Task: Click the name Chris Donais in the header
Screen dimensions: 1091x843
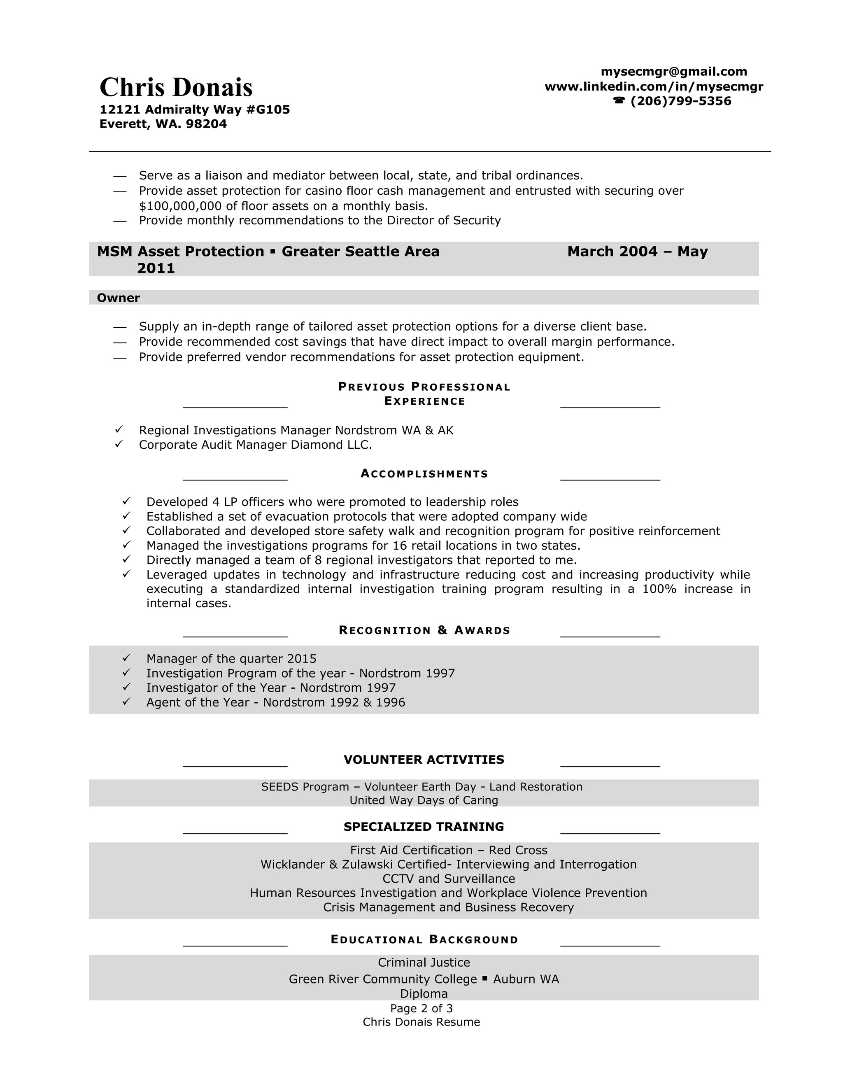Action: click(x=176, y=87)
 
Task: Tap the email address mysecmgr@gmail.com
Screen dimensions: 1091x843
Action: click(x=674, y=72)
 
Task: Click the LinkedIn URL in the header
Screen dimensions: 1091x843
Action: click(x=654, y=86)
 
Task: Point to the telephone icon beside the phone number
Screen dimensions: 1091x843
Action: click(x=619, y=101)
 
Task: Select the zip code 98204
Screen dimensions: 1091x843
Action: click(x=206, y=124)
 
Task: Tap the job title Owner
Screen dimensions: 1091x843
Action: click(x=119, y=298)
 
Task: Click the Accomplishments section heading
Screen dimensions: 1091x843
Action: click(x=424, y=473)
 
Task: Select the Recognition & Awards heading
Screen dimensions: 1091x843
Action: click(x=424, y=630)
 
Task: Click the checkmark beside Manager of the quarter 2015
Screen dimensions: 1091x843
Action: click(x=126, y=658)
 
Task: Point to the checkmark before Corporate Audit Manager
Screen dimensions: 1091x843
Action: click(x=119, y=443)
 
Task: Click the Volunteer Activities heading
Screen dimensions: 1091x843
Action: click(x=424, y=760)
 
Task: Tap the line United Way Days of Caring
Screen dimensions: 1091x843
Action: click(x=424, y=800)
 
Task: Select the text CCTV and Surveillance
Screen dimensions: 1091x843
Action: click(x=449, y=879)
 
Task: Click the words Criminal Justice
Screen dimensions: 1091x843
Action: click(x=424, y=963)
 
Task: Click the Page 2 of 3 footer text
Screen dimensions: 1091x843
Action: click(x=421, y=1008)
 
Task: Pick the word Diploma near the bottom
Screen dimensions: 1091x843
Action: click(x=424, y=993)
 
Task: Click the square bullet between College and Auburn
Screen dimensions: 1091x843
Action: click(x=485, y=979)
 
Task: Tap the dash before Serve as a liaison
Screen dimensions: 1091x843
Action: click(x=120, y=176)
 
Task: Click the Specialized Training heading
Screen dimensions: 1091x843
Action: click(x=424, y=827)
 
